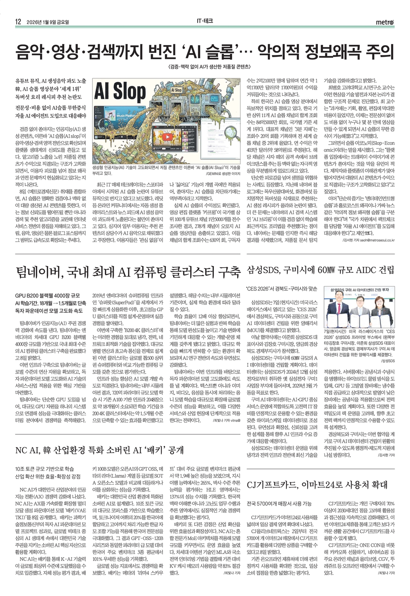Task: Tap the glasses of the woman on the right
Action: point(378,298)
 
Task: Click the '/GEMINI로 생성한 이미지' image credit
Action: point(223,174)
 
